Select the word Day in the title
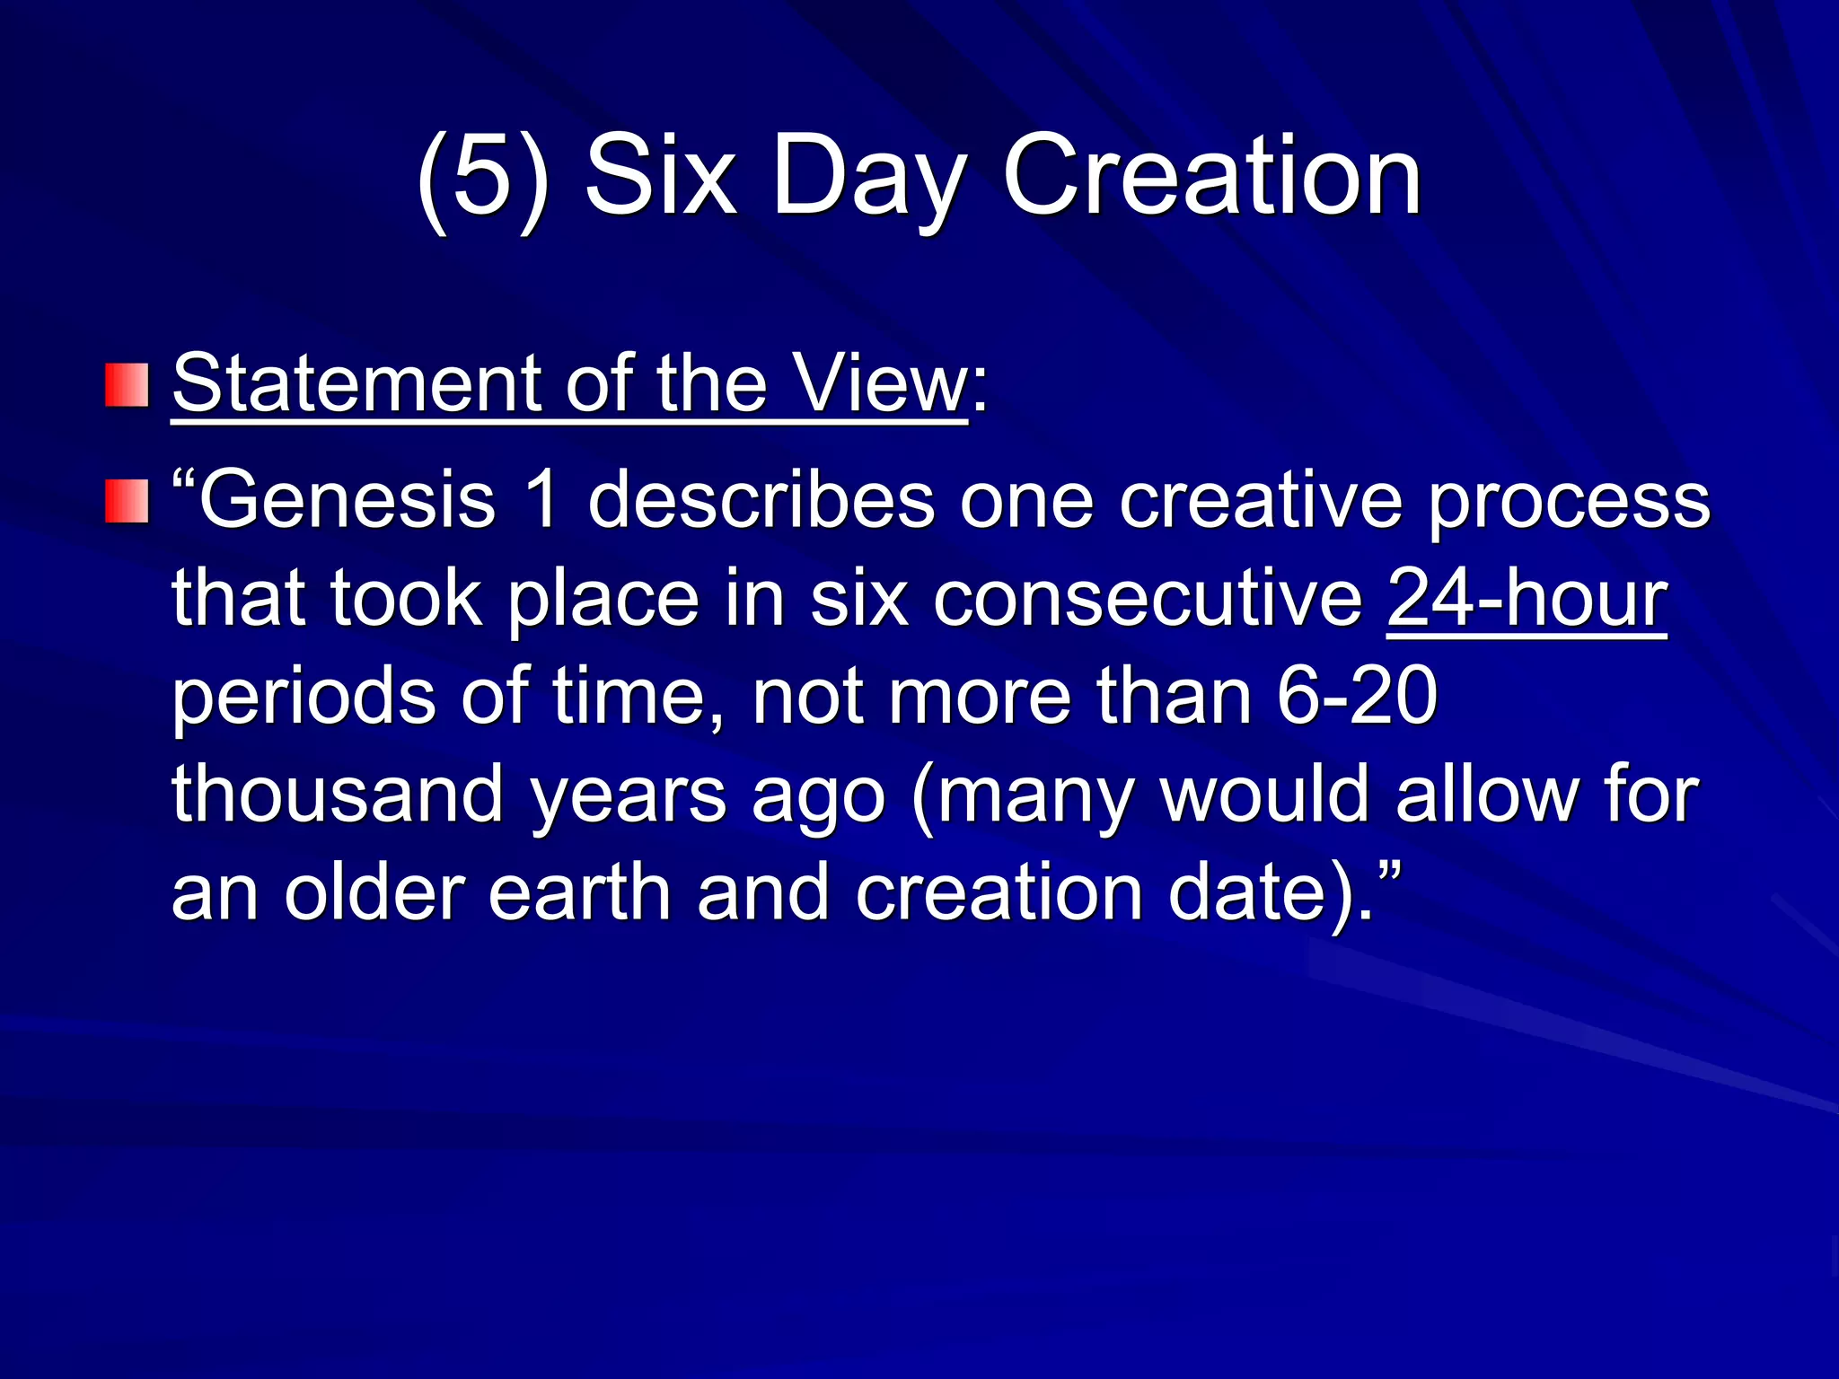coord(869,180)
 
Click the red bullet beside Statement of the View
coord(127,385)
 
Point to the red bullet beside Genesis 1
coord(127,501)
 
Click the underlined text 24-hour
coord(1527,599)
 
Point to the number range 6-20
coord(1357,697)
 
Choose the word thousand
coord(338,795)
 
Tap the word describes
coord(761,501)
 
